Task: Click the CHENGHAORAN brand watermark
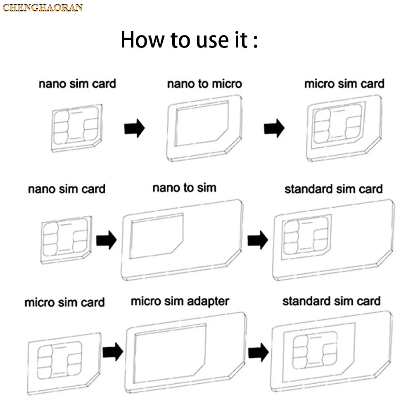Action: tap(43, 7)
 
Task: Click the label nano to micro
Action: tap(204, 84)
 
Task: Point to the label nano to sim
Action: tap(184, 188)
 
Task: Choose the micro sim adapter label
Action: tap(180, 301)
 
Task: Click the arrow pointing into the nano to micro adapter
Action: tap(134, 128)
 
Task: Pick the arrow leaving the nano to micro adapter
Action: tap(274, 128)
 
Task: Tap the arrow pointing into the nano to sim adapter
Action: tap(106, 241)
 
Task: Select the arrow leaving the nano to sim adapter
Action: tap(257, 240)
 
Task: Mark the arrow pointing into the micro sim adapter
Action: tap(113, 352)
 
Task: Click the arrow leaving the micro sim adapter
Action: tap(259, 352)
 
